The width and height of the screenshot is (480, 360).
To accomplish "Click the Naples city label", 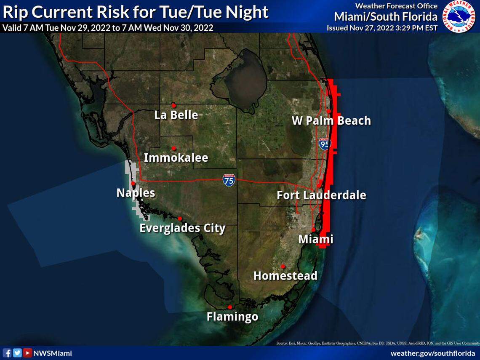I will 136,193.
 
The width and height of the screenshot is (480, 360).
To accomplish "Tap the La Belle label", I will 176,115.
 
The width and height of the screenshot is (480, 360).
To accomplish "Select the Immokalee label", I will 176,158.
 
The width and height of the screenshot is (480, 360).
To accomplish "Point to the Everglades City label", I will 182,228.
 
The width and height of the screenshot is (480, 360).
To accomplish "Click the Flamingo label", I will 232,316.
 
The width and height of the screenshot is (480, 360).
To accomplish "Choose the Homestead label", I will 285,276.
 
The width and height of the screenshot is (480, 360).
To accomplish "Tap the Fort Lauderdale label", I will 321,195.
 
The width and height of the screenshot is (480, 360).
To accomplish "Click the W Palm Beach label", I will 331,121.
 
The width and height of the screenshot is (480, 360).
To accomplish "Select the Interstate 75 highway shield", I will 229,180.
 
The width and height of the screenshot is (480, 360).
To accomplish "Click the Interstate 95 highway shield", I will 324,144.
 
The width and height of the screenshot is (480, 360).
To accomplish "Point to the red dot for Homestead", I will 283,266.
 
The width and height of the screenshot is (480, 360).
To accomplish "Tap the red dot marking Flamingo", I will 230,307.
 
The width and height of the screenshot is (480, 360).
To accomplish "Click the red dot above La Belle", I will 173,105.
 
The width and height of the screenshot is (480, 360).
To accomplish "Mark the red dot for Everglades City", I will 180,219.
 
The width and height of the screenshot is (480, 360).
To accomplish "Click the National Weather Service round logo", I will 461,16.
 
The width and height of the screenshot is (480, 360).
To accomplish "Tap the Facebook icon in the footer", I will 7,353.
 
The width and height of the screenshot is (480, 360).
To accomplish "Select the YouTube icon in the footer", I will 27,353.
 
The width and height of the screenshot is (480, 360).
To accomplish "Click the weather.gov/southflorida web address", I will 432,353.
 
